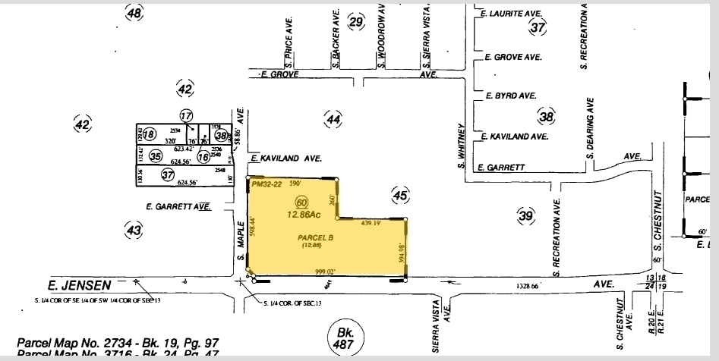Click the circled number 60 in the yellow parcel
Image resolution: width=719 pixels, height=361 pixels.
tap(302, 202)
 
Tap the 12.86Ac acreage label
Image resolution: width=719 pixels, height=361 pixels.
tap(303, 215)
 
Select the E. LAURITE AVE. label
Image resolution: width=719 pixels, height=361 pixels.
tap(511, 13)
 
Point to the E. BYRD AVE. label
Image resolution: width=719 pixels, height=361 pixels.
tap(511, 96)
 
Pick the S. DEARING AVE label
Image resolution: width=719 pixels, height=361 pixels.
tap(588, 129)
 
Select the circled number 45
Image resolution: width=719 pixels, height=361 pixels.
tap(401, 196)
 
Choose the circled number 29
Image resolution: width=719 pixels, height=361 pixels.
tap(356, 21)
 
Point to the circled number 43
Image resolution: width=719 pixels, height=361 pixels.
tap(134, 229)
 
